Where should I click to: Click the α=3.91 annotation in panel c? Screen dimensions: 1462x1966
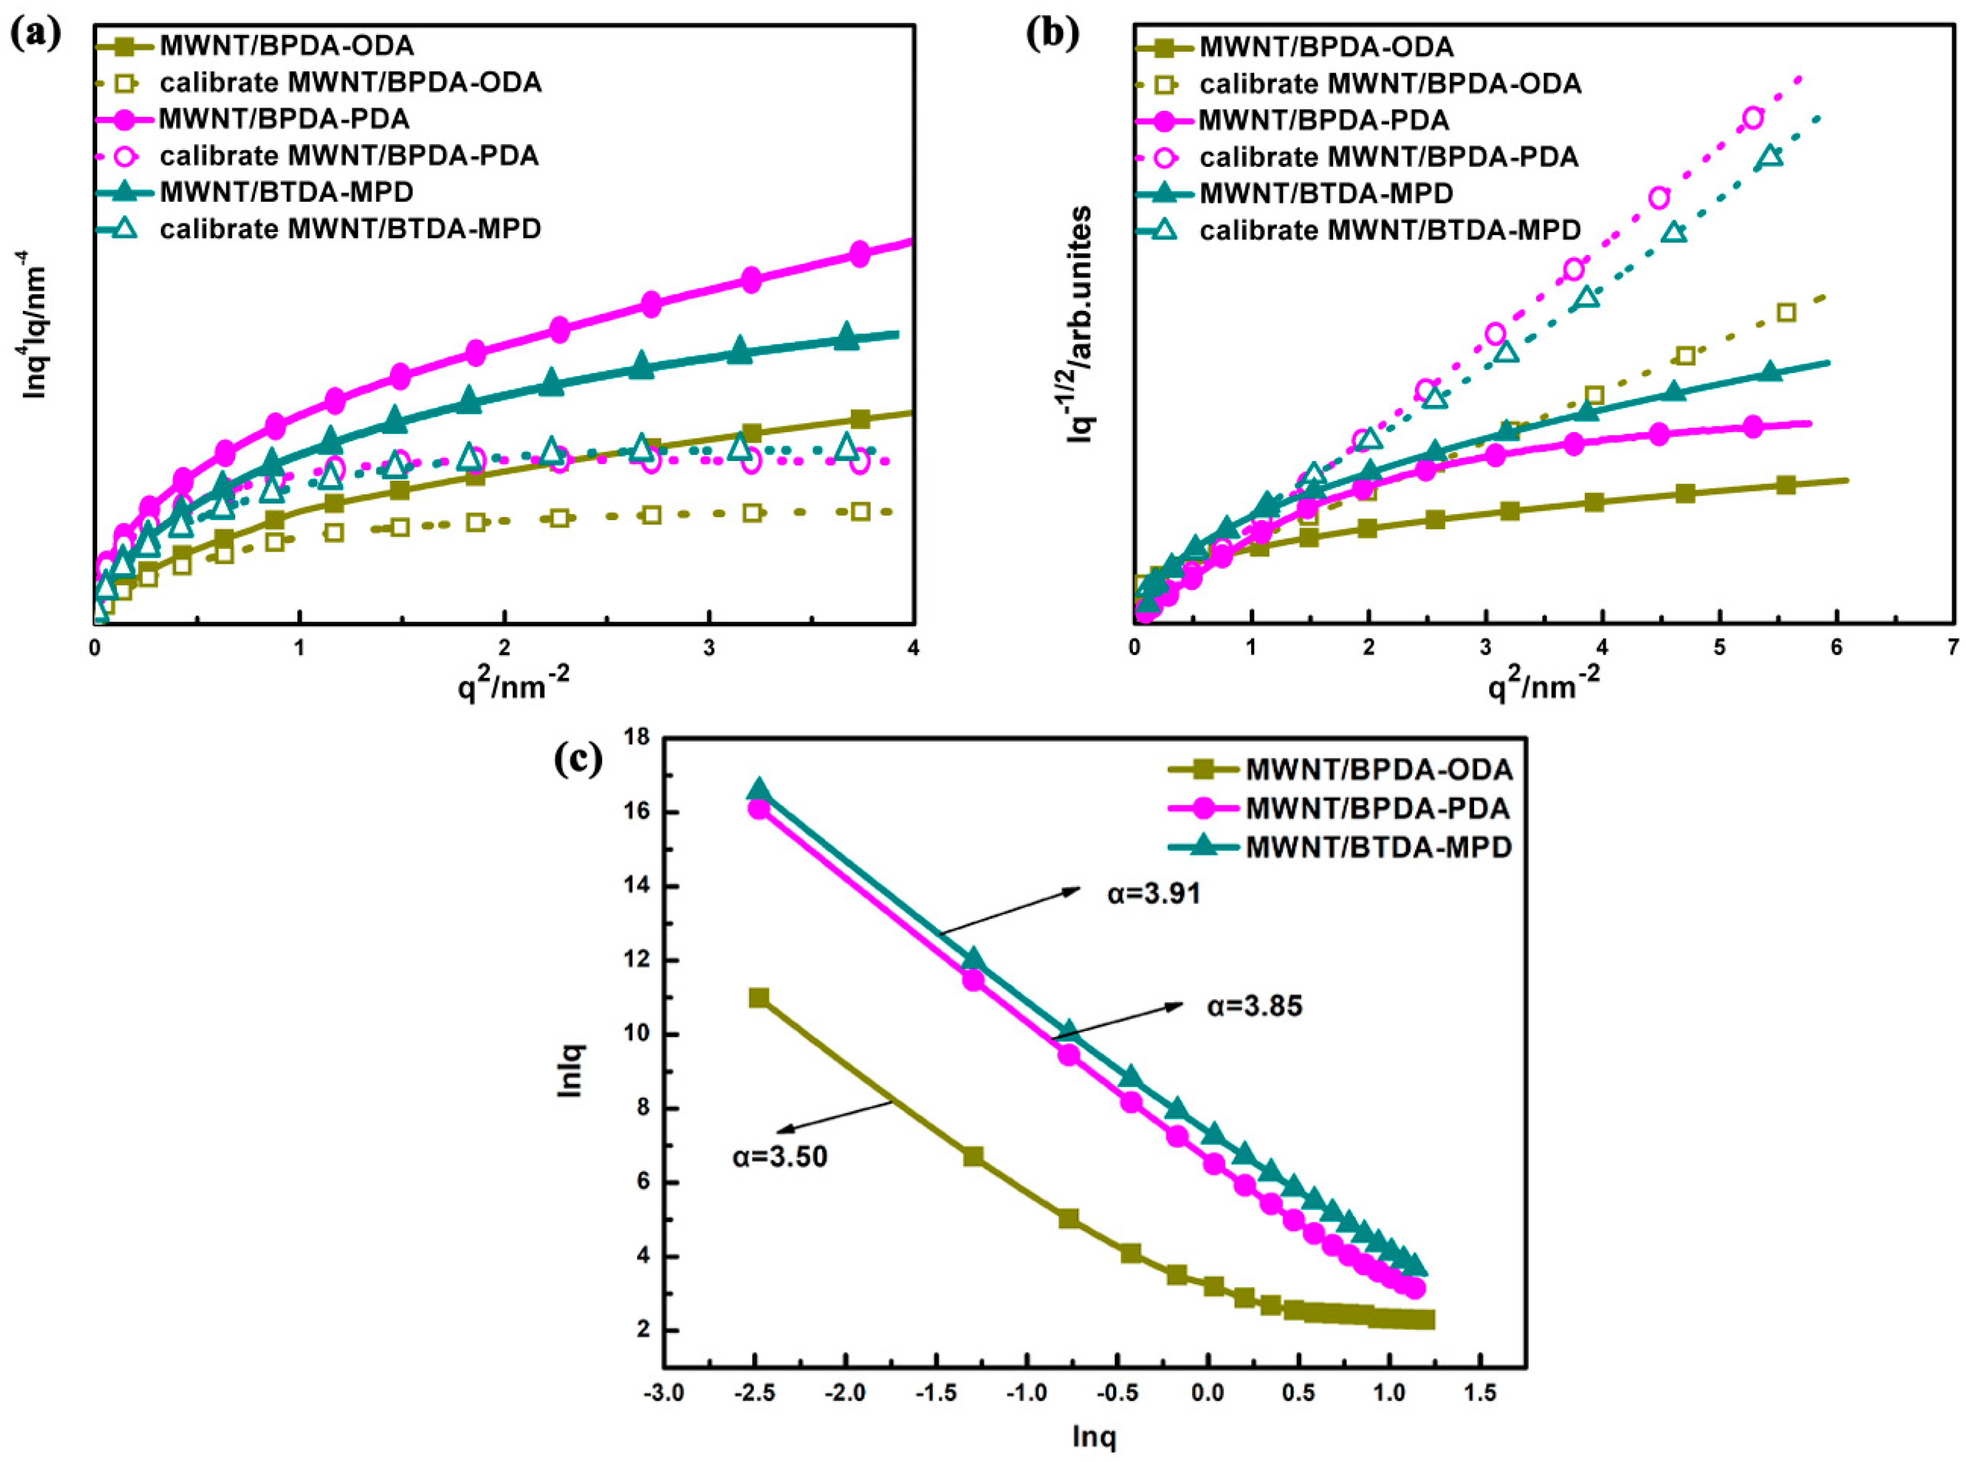pos(1153,894)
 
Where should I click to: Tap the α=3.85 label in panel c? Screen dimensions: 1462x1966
pos(1254,1006)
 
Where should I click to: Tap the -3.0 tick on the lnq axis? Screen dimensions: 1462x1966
pos(664,1394)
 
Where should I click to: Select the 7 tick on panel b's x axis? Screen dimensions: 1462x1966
pos(1952,647)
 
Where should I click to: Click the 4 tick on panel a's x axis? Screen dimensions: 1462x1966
pos(912,647)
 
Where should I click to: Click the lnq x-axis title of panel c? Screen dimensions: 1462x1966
pos(1094,1437)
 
